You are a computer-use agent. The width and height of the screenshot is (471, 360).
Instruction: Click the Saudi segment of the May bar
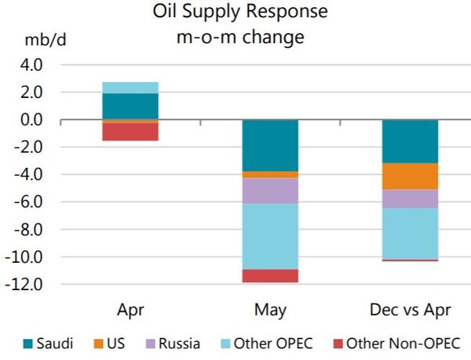click(270, 145)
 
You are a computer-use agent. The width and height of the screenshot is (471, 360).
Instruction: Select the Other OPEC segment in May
click(270, 236)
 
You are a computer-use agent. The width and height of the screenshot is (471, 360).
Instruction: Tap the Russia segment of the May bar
click(270, 191)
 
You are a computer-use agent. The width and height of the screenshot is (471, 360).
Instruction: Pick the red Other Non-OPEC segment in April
click(130, 132)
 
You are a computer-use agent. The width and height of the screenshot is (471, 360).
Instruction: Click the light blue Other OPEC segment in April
click(130, 88)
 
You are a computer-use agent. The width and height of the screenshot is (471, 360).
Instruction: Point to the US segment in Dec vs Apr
click(409, 176)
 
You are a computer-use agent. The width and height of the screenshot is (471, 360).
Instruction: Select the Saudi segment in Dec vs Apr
click(409, 141)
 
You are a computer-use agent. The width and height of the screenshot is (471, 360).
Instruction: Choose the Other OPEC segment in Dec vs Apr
click(409, 233)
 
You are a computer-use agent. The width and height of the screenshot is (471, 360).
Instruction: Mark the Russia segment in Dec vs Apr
click(409, 198)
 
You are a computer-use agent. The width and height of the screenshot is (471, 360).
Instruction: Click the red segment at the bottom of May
click(270, 275)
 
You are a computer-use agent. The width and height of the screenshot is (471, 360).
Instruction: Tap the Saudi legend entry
click(47, 343)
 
